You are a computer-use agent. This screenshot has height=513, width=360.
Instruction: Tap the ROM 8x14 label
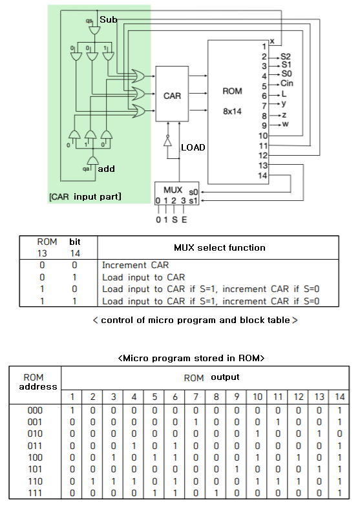point(231,101)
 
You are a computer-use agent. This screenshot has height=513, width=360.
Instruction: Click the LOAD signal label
point(193,147)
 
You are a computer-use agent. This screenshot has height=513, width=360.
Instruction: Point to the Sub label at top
point(109,21)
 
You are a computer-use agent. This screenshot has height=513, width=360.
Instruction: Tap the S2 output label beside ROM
point(286,56)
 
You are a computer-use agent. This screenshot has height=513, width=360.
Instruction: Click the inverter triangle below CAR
point(167,143)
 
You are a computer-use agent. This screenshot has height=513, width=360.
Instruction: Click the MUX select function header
point(219,247)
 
